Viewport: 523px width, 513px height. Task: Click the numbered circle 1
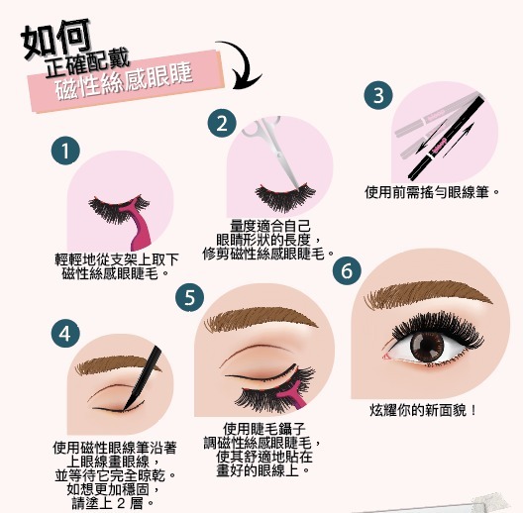(x=64, y=152)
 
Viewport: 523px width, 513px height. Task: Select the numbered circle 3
(x=378, y=95)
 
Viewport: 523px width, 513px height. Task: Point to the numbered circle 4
(x=65, y=334)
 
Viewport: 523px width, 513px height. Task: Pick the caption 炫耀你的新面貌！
(x=423, y=409)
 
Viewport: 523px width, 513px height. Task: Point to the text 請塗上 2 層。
(x=114, y=501)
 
